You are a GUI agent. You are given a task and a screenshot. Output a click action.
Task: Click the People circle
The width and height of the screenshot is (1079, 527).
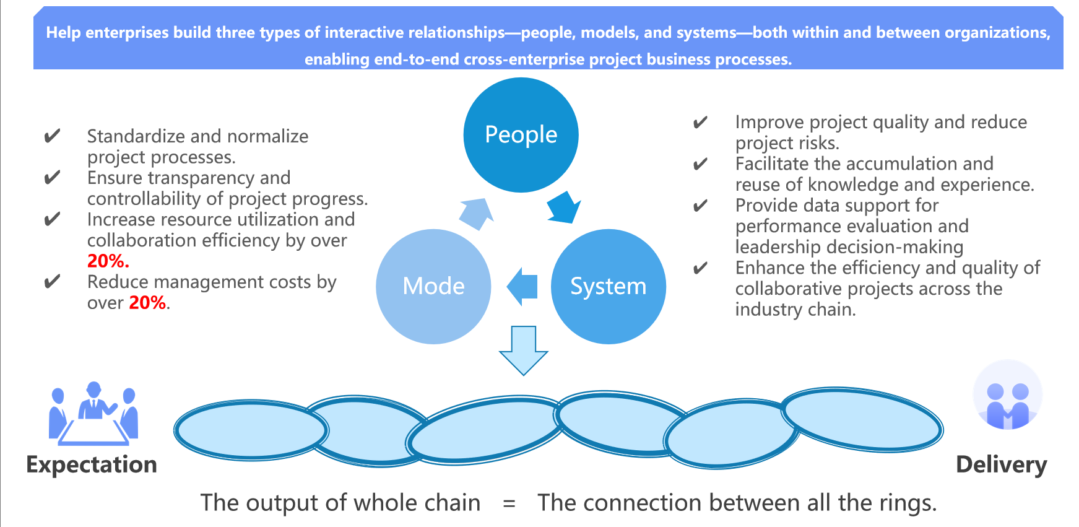click(x=521, y=134)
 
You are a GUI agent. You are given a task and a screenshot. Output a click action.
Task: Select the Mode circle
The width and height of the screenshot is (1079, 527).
click(x=433, y=286)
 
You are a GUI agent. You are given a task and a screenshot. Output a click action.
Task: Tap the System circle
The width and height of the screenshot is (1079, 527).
click(x=608, y=286)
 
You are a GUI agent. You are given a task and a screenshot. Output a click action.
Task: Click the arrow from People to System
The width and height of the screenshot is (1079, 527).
click(x=563, y=207)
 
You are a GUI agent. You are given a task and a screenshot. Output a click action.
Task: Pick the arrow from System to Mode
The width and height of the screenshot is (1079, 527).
click(x=522, y=286)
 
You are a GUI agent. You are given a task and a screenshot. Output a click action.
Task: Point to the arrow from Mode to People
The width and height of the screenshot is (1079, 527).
click(x=477, y=214)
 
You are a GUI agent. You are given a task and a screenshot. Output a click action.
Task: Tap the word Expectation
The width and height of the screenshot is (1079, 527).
click(x=92, y=464)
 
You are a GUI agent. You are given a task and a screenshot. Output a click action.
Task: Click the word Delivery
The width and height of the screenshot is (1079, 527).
click(x=1001, y=464)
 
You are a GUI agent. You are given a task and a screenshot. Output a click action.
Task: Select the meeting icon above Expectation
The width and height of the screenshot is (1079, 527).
click(x=93, y=413)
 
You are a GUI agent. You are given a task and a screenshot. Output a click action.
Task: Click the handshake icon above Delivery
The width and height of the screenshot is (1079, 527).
click(x=1007, y=396)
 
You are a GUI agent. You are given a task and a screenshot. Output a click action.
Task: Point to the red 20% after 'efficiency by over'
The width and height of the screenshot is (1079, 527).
click(x=108, y=261)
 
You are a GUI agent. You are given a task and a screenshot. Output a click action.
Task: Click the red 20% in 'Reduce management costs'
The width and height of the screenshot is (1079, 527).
click(x=147, y=302)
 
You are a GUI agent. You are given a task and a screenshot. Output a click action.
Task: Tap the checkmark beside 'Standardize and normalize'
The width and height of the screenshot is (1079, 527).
click(x=53, y=136)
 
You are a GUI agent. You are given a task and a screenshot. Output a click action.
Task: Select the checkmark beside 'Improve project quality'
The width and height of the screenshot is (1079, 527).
click(x=700, y=122)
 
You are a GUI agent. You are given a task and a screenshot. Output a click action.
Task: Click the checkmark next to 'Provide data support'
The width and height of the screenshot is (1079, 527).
click(x=700, y=205)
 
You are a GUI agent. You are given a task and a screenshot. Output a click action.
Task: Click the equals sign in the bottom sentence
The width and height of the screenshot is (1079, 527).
click(x=509, y=503)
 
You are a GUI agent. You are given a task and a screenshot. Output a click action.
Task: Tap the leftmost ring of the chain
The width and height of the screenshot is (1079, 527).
click(x=251, y=429)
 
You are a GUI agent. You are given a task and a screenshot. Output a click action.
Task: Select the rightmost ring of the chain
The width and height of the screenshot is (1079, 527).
click(x=862, y=419)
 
